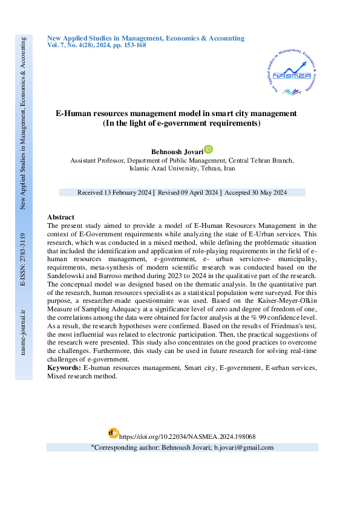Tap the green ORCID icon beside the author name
[209, 149]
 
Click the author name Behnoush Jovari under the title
[177, 151]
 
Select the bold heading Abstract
[61, 217]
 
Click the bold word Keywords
[64, 368]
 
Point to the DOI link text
[188, 436]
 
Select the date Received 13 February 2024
[114, 192]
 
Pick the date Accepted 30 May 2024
[256, 192]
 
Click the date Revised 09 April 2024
[188, 192]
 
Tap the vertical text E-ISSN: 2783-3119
[23, 259]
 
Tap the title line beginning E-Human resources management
[176, 113]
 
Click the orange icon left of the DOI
[113, 433]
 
